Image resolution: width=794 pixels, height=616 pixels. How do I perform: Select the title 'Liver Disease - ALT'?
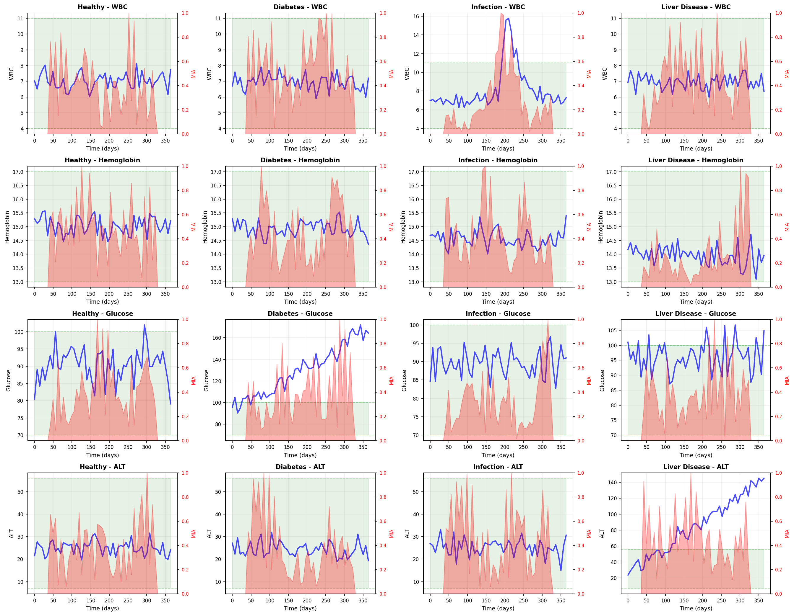pyautogui.click(x=696, y=467)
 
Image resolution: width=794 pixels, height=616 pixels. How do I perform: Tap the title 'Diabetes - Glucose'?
pyautogui.click(x=300, y=313)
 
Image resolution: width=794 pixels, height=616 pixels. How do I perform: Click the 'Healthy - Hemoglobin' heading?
pyautogui.click(x=102, y=160)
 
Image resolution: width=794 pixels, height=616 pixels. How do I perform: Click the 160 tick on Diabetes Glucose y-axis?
pyautogui.click(x=217, y=338)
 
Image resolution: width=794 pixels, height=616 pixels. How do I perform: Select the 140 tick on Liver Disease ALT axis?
pyautogui.click(x=612, y=482)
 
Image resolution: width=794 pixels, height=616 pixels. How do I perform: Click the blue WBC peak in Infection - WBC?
pyautogui.click(x=508, y=19)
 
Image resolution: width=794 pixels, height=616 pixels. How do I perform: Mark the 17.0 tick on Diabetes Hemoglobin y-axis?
pyautogui.click(x=216, y=172)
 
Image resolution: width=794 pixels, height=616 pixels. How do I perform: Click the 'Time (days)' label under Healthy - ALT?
pyautogui.click(x=102, y=608)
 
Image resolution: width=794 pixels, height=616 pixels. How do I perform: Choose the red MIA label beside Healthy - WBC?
pyautogui.click(x=194, y=74)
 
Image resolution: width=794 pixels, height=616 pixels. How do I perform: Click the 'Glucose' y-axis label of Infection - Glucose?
pyautogui.click(x=404, y=380)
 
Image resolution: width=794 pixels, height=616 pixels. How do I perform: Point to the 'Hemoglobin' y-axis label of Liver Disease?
pyautogui.click(x=600, y=227)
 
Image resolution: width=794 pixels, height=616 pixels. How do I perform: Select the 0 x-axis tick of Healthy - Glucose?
pyautogui.click(x=35, y=447)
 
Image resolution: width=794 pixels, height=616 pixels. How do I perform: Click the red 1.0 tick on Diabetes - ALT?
pyautogui.click(x=383, y=473)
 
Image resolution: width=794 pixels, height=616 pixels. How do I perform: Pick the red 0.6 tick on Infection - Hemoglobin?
pyautogui.click(x=581, y=215)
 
